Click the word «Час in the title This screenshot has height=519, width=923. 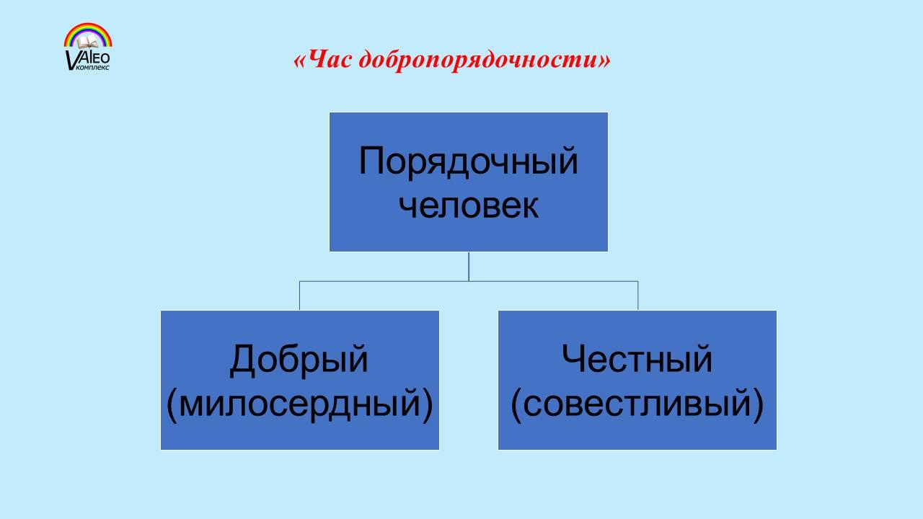[323, 59]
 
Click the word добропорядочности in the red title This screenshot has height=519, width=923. [479, 61]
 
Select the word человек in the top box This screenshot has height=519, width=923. [469, 206]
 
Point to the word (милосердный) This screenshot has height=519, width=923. [299, 404]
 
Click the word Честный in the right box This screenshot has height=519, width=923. [637, 359]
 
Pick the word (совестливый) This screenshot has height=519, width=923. [637, 404]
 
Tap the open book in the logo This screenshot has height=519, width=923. [88, 42]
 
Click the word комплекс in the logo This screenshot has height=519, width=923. [93, 67]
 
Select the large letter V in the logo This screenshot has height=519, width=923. [71, 60]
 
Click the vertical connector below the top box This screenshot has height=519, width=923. [469, 267]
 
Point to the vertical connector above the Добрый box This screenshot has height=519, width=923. [299, 296]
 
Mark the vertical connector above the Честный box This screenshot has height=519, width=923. [638, 296]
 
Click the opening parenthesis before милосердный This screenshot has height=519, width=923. [172, 404]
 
